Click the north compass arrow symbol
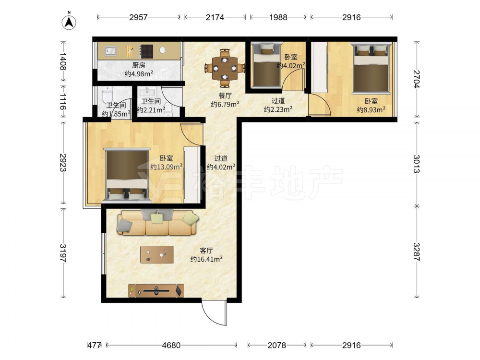[69, 22]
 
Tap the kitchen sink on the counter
[110, 51]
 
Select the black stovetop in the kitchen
[146, 51]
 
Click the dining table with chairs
[225, 68]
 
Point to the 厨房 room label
[139, 65]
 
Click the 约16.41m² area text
[206, 259]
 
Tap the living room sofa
[157, 223]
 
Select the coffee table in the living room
[157, 255]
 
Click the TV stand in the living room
[156, 290]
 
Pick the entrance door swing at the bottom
[214, 312]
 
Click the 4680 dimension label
[171, 345]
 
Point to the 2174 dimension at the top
[215, 17]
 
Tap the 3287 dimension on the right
[416, 252]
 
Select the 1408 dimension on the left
[63, 61]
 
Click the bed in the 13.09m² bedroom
[127, 175]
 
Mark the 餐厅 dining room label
[225, 96]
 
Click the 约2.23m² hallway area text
[278, 109]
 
